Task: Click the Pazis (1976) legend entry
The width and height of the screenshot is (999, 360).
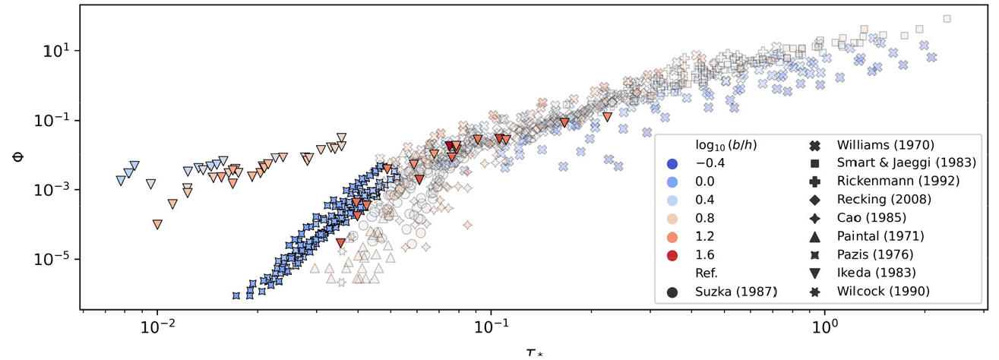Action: (876, 254)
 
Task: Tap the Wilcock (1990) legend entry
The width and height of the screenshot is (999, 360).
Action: (882, 291)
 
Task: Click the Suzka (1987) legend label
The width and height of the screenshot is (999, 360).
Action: (733, 291)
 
